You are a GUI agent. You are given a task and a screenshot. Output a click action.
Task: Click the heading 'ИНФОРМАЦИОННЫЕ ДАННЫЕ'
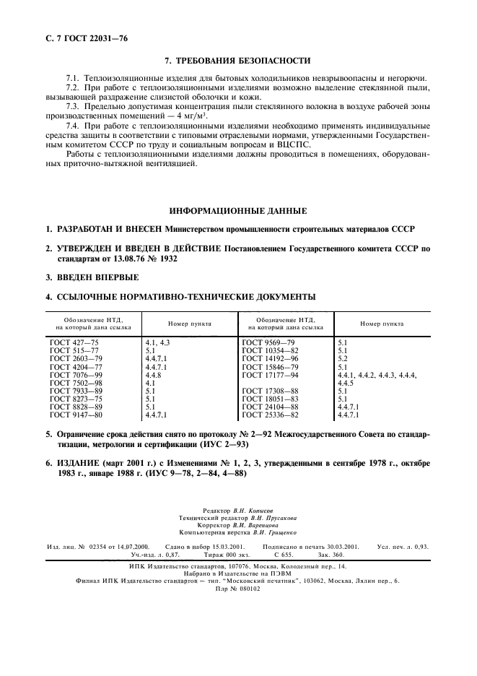[x=237, y=211]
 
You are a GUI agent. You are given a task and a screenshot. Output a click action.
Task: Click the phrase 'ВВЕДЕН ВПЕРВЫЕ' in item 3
[x=97, y=277]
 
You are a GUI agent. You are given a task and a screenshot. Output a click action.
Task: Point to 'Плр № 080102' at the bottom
[x=238, y=589]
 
